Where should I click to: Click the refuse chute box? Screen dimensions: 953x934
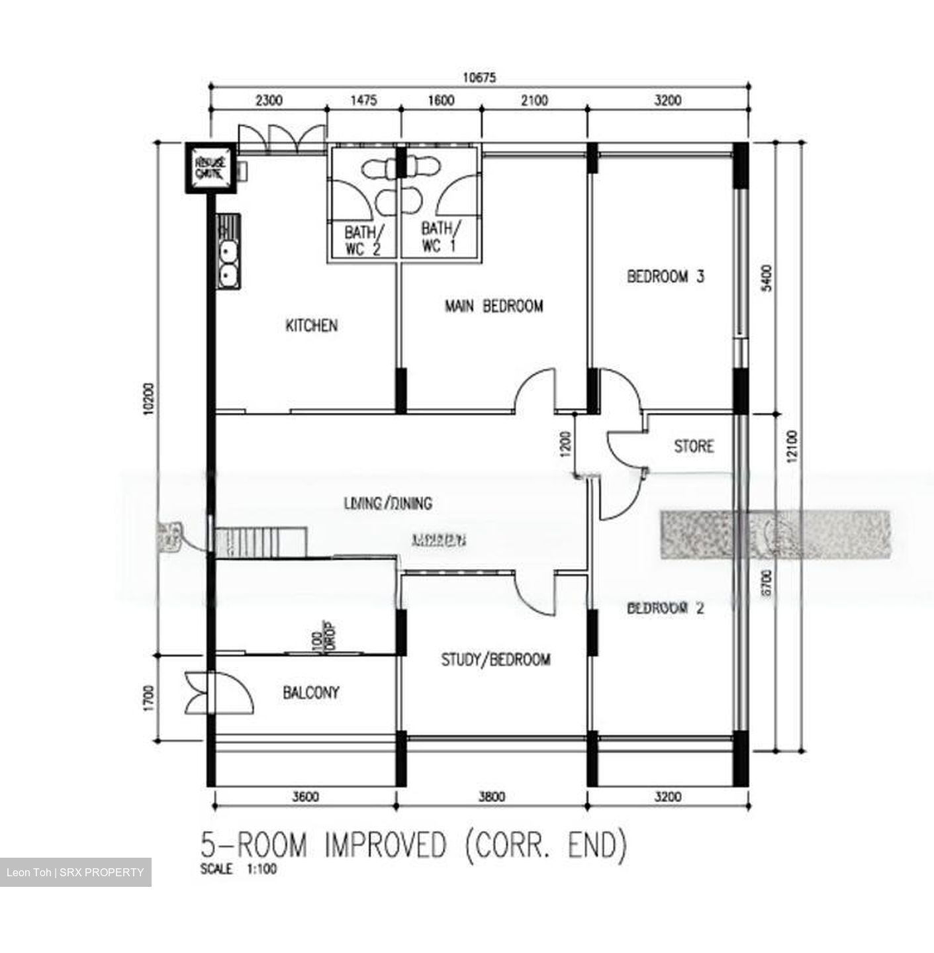pos(210,168)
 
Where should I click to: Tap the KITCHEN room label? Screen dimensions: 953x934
pos(311,326)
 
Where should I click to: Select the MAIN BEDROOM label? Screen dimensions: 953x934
pos(494,306)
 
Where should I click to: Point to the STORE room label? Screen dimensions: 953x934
pos(694,447)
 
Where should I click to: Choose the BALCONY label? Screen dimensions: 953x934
pos(311,693)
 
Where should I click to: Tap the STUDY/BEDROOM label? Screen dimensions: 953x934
pos(496,660)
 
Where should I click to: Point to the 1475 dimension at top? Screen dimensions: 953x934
pos(363,101)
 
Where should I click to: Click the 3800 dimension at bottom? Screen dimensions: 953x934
pos(491,797)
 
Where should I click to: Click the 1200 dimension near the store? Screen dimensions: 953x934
pos(564,445)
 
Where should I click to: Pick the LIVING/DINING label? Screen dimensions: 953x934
pos(388,504)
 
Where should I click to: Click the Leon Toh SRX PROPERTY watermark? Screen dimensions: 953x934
pos(75,872)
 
